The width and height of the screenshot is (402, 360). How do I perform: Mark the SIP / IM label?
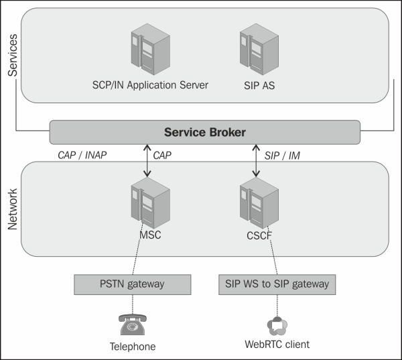(282, 155)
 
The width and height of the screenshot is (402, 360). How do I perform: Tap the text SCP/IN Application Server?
(150, 85)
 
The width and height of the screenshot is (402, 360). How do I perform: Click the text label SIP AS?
(255, 85)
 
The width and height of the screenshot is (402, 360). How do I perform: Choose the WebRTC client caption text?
(277, 345)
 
